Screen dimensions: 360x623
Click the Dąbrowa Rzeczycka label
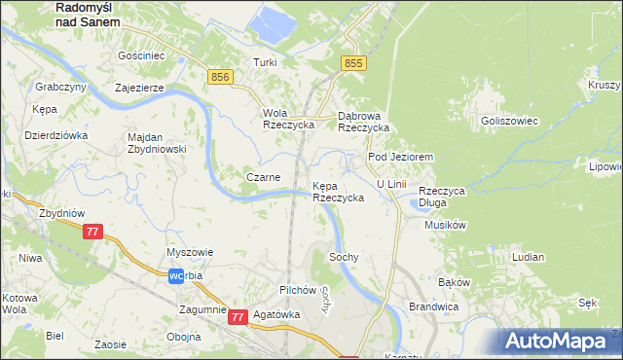pos(363,121)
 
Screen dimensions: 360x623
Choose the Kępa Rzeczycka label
pos(338,191)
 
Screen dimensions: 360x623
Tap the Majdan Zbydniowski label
pos(157,143)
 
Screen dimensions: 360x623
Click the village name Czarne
pos(263,177)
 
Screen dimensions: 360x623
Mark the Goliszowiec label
pos(504,121)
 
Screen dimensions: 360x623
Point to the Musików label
pos(447,225)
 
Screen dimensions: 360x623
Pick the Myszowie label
pos(190,252)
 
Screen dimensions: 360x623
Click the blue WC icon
pos(176,276)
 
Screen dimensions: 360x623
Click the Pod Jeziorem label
pos(399,157)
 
